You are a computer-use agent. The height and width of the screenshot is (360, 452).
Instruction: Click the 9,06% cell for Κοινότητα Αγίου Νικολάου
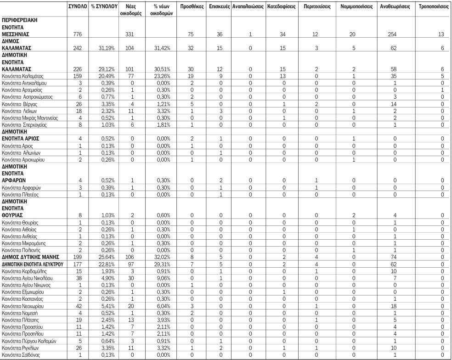[158, 278]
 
